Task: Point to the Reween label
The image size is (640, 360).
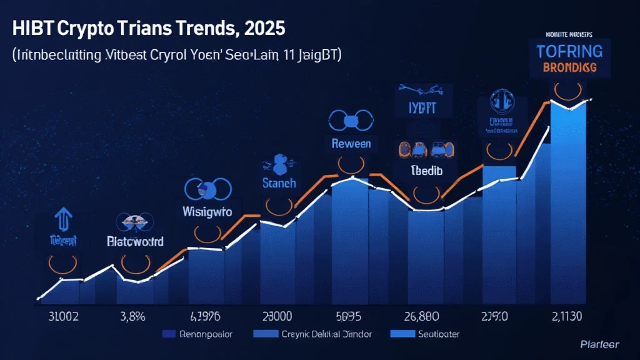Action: pyautogui.click(x=351, y=144)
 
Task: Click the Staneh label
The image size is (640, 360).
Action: pyautogui.click(x=279, y=184)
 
